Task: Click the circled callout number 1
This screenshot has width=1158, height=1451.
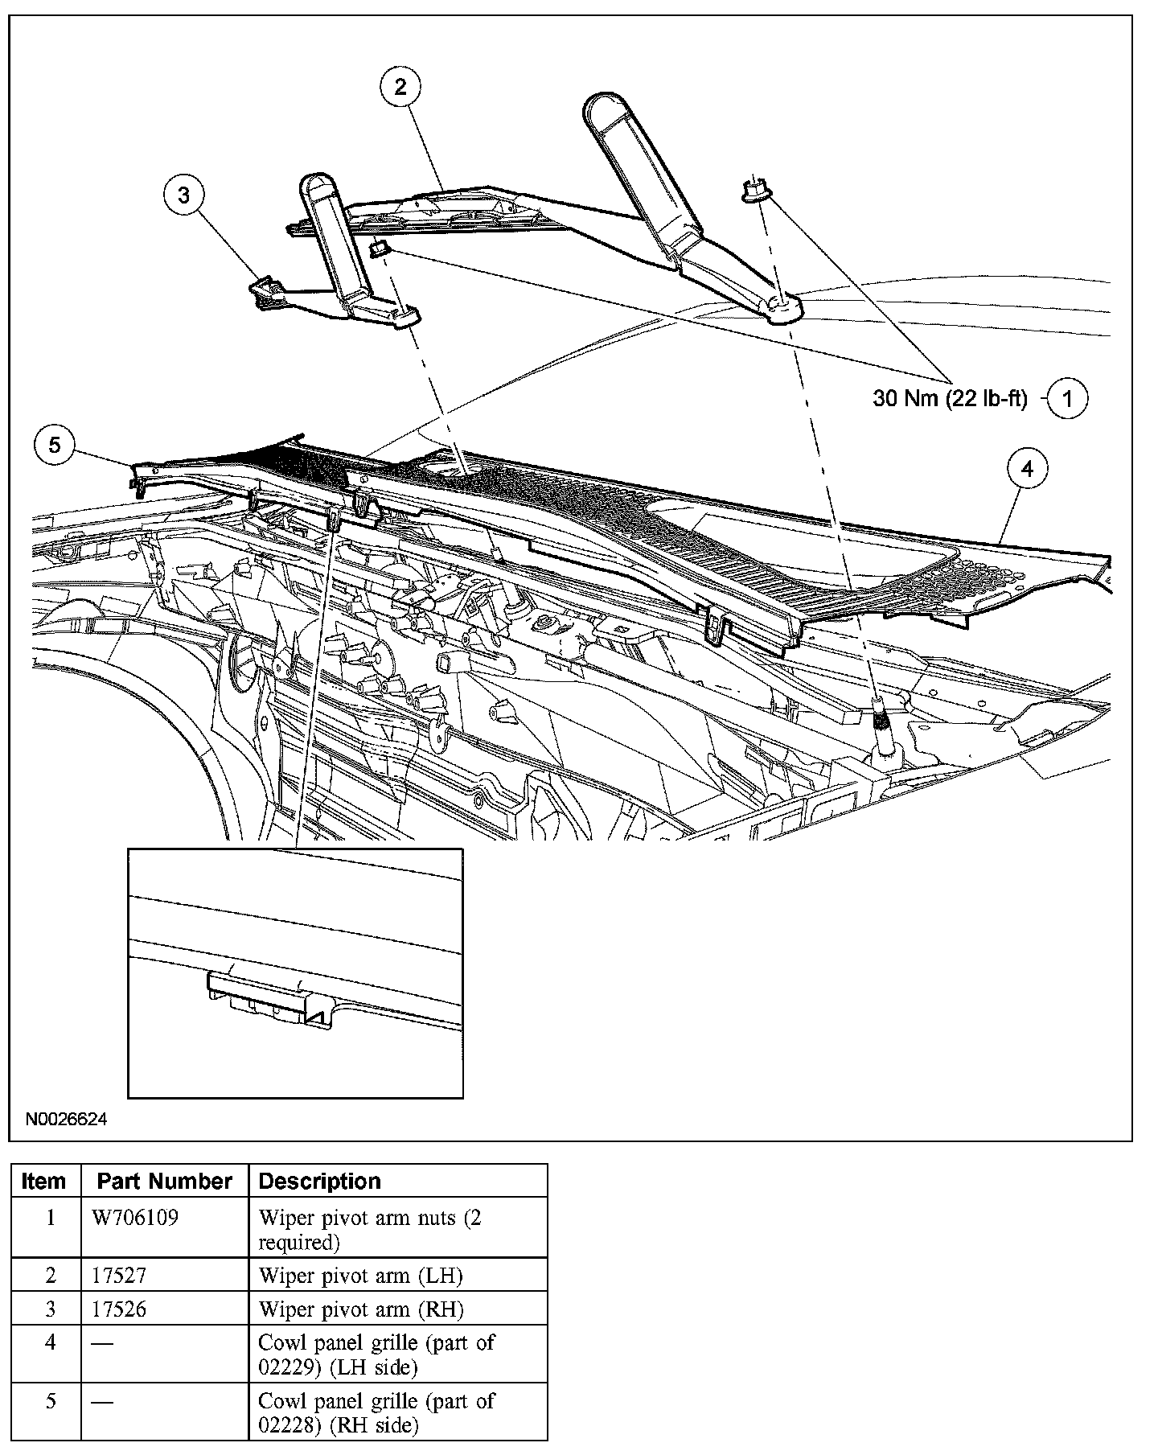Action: [1067, 398]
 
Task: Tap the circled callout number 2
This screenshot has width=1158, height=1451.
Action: [400, 87]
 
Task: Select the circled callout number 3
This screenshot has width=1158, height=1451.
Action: [185, 195]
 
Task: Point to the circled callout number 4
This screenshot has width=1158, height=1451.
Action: [1029, 469]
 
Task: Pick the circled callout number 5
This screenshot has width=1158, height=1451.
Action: [55, 445]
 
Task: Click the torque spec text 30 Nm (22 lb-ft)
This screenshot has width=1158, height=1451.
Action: [950, 399]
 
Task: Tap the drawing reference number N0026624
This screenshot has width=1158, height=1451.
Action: [66, 1120]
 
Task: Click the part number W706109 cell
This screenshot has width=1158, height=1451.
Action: [136, 1218]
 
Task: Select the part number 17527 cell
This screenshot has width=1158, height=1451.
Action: [120, 1276]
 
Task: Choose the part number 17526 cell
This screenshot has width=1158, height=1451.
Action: [120, 1309]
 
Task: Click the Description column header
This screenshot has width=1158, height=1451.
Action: [319, 1182]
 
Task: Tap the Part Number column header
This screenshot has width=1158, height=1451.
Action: [164, 1182]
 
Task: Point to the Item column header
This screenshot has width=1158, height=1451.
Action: [44, 1182]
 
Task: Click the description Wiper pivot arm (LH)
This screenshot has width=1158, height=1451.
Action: [360, 1276]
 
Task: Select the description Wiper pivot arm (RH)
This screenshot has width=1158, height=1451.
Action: [361, 1309]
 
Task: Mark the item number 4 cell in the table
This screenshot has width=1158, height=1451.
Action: [50, 1343]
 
